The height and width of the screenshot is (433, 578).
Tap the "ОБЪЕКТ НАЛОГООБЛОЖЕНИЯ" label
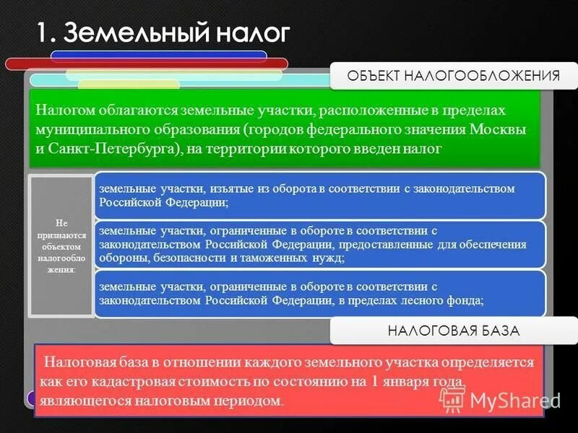pos(454,76)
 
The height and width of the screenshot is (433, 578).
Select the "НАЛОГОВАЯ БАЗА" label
pos(454,331)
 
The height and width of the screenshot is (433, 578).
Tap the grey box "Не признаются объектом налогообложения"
pos(61,245)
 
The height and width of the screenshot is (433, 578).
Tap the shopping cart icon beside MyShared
pos(452,399)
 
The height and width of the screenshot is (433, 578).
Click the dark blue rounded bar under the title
pos(159,55)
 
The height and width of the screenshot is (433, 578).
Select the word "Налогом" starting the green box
pos(64,112)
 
